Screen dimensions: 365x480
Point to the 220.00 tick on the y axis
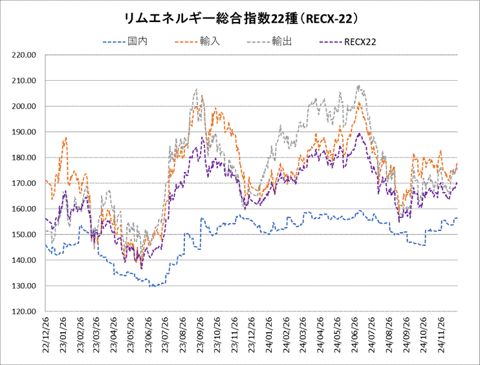click(x=23, y=55)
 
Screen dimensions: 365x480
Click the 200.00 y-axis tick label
click(x=23, y=106)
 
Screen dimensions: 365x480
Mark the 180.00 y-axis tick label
click(x=23, y=158)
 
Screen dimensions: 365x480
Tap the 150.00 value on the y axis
click(x=23, y=235)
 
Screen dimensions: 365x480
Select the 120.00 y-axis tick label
click(x=23, y=311)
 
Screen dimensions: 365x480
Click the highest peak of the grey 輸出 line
click(x=358, y=85)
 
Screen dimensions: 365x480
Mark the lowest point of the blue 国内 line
click(x=153, y=286)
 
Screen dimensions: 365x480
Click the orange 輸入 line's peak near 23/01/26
click(x=66, y=137)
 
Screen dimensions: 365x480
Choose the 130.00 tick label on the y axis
click(x=23, y=286)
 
